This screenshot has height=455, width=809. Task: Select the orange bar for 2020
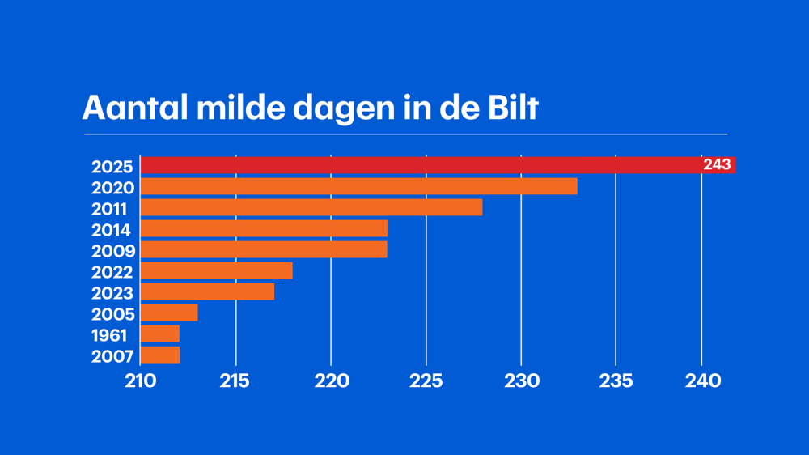pos(358,186)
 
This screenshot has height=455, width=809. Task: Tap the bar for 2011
pos(311,207)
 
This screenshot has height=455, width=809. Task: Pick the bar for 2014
pos(264,228)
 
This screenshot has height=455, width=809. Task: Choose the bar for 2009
pos(264,249)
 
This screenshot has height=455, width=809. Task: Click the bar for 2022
pos(217,270)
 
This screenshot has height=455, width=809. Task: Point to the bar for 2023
pos(207,291)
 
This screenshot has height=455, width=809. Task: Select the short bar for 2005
pos(169,313)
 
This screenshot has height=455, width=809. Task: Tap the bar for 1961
pos(160,334)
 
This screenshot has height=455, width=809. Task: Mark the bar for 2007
pos(160,355)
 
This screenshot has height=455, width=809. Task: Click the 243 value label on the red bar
pos(717,165)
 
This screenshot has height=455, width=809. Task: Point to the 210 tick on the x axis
pos(141,381)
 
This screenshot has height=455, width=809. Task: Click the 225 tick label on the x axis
pos(426,381)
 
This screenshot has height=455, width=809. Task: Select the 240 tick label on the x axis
pos(702,381)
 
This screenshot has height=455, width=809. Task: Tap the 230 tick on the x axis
pos(521,381)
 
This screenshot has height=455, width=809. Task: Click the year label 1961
pos(109,335)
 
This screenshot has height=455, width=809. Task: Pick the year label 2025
pos(112,167)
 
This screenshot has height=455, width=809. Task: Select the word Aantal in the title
pos(130,108)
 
